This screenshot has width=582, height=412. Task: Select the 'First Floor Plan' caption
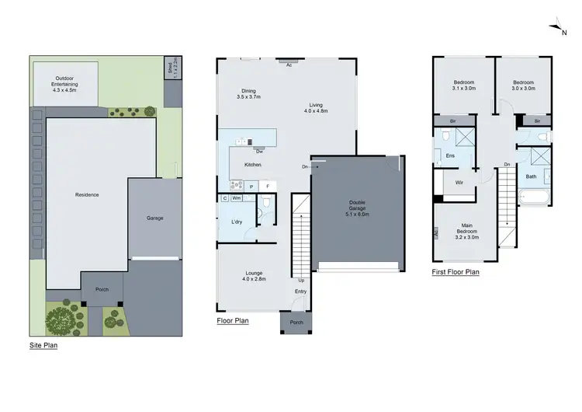pos(456,273)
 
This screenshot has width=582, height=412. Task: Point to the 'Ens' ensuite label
pos(449,155)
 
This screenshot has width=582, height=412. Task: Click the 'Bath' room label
pos(531,176)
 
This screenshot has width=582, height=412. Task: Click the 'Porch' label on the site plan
pos(102,289)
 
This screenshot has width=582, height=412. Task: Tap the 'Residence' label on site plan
pos(86,194)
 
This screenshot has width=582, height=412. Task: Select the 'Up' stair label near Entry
pos(301,280)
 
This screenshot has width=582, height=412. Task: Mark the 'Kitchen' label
pos(253,165)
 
